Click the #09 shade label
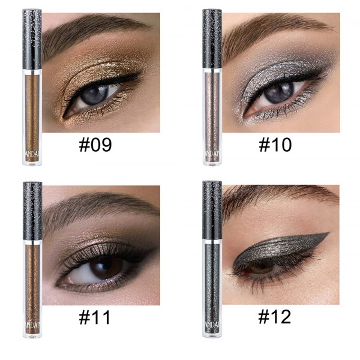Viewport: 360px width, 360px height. coord(95,145)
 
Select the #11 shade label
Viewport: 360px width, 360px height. coord(95,317)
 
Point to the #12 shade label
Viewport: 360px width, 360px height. coord(275,317)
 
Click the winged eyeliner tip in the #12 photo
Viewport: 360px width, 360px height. coord(328,235)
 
